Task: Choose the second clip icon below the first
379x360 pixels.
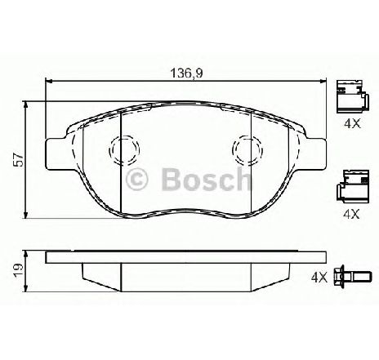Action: coord(350,187)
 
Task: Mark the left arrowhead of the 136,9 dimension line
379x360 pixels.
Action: coord(49,80)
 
